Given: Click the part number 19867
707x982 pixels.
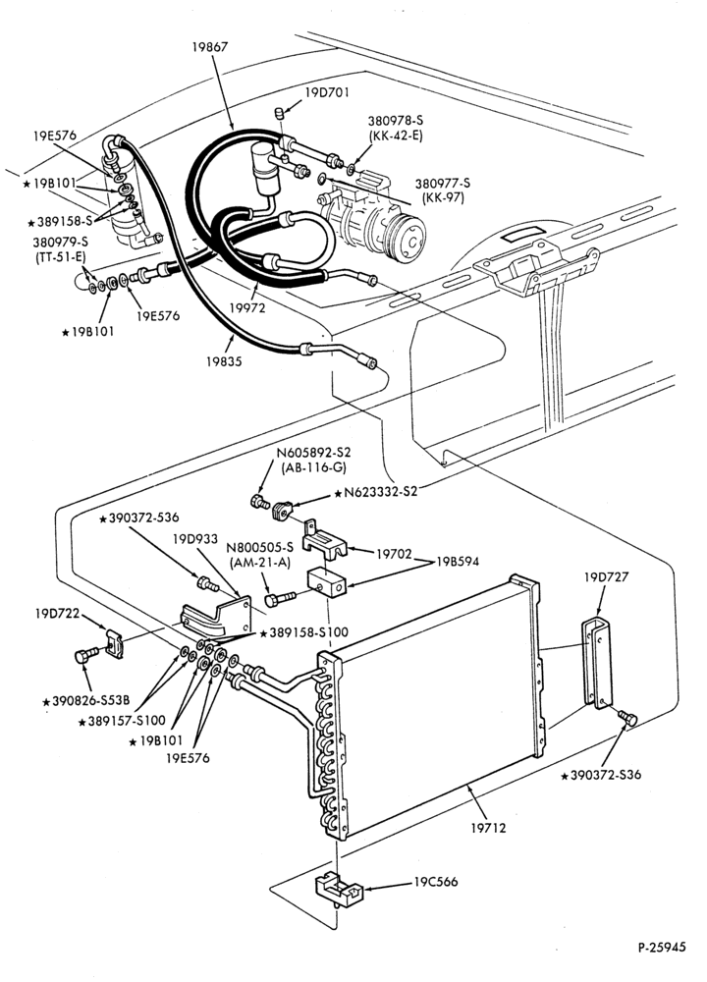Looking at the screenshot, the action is (x=210, y=46).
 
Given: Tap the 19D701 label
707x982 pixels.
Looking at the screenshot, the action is (x=328, y=92).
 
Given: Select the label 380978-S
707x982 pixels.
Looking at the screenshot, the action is (x=395, y=121).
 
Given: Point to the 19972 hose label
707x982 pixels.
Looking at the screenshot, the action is (x=247, y=307).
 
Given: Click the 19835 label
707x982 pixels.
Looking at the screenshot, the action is (x=224, y=361).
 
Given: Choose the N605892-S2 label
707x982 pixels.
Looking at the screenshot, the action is (x=314, y=453).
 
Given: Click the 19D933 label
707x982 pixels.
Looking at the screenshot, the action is (x=195, y=538).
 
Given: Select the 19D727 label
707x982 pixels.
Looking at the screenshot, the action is (x=606, y=576).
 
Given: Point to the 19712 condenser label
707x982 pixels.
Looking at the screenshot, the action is (x=488, y=827).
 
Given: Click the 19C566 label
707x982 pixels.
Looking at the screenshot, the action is (x=436, y=882).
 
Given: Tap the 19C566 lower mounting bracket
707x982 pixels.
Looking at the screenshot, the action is (x=339, y=890).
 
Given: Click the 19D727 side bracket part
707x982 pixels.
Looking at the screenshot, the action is (x=595, y=663).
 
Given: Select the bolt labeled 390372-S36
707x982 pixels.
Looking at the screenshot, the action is (x=626, y=719).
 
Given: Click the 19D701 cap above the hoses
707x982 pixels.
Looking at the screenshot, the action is (x=279, y=113).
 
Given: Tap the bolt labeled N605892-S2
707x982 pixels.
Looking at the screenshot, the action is (x=259, y=502).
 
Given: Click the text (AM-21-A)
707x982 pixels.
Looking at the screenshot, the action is (x=260, y=562).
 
